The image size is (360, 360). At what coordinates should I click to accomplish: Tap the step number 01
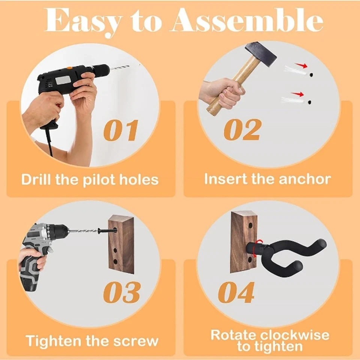click(x=121, y=130)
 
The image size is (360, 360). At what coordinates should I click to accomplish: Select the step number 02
click(x=243, y=129)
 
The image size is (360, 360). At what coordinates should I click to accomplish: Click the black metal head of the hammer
click(x=261, y=54)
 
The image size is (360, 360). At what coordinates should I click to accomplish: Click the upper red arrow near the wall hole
click(x=301, y=65)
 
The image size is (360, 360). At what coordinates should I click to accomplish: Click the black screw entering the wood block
click(x=106, y=230)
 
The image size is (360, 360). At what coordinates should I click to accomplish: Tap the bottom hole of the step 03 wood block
click(x=115, y=261)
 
